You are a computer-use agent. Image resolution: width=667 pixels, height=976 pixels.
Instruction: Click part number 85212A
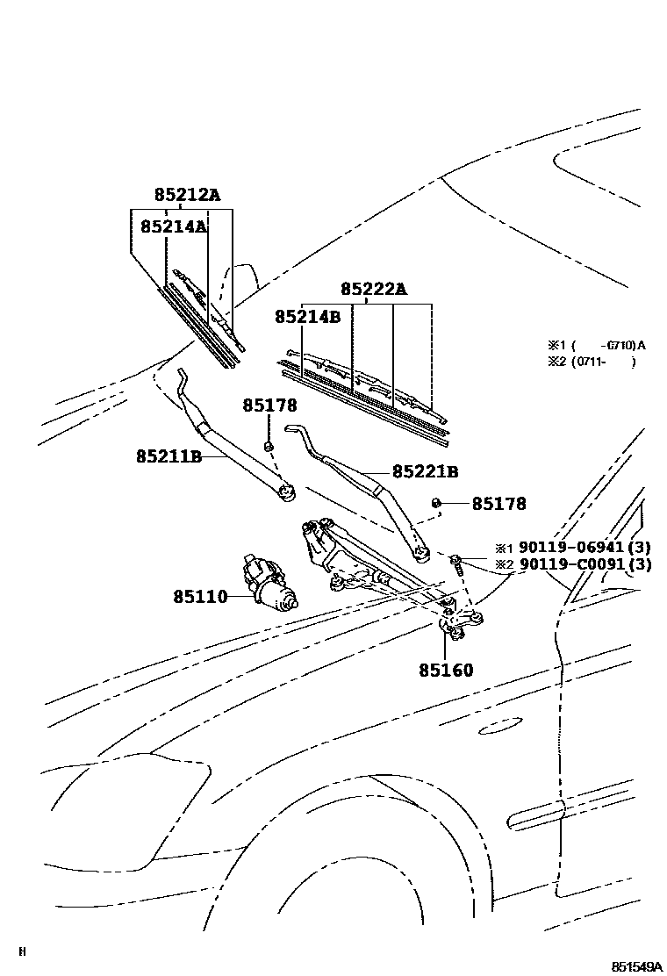[x=187, y=195]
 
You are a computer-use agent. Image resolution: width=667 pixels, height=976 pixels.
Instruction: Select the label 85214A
[x=173, y=226]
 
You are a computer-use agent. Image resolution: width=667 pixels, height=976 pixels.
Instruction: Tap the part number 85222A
[x=374, y=289]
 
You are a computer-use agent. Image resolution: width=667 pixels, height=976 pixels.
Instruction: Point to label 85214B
[x=307, y=317]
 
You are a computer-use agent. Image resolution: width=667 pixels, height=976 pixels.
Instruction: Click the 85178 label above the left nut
[x=269, y=405]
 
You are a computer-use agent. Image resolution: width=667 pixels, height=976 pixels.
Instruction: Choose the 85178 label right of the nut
[x=498, y=504]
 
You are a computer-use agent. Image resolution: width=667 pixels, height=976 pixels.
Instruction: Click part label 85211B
[x=169, y=456]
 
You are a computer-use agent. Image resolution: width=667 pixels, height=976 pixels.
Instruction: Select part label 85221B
[x=425, y=472]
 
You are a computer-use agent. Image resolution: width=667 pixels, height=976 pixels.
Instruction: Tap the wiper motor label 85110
[x=200, y=597]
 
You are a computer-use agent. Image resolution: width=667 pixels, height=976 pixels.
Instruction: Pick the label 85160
[x=445, y=671]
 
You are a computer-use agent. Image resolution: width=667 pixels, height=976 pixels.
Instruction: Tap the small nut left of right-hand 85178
[x=434, y=503]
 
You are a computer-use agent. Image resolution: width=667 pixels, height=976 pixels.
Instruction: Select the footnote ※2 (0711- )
[x=590, y=361]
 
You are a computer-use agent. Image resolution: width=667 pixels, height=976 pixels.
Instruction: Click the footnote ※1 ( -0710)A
[x=590, y=345]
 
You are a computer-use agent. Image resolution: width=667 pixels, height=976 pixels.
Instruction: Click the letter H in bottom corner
[x=23, y=951]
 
